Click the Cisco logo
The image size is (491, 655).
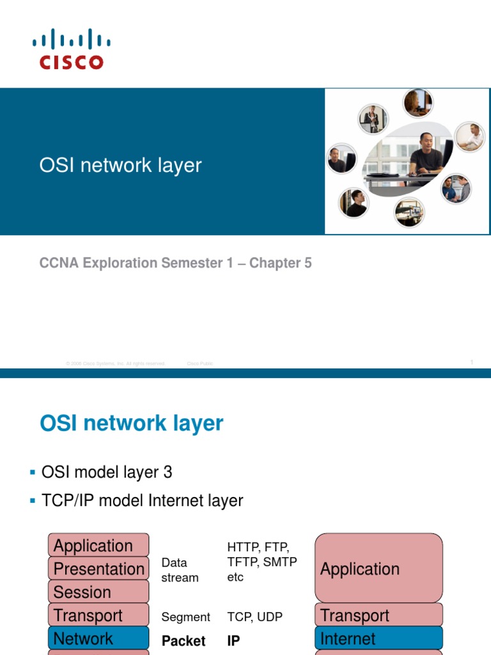pyautogui.click(x=72, y=49)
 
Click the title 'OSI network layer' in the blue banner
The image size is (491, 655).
pyautogui.click(x=120, y=165)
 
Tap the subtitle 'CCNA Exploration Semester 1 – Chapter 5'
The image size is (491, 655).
pyautogui.click(x=176, y=263)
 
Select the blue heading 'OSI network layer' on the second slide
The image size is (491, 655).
pyautogui.click(x=132, y=423)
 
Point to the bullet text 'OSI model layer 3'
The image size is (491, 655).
pyautogui.click(x=107, y=473)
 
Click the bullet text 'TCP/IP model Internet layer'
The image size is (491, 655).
pyautogui.click(x=142, y=500)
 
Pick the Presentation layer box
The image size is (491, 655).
pyautogui.click(x=98, y=569)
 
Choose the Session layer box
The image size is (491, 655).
pyautogui.click(x=98, y=592)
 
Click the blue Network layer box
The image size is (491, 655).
pyautogui.click(x=98, y=638)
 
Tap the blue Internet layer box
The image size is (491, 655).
pyautogui.click(x=378, y=638)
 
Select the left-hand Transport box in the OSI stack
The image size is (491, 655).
pyautogui.click(x=98, y=615)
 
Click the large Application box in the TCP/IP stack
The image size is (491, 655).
pyautogui.click(x=378, y=569)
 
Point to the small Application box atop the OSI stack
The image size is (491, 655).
pyautogui.click(x=98, y=546)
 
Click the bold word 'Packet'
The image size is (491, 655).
pyautogui.click(x=183, y=641)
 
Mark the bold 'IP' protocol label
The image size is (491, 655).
pyautogui.click(x=234, y=641)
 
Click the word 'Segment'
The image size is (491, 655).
pyautogui.click(x=185, y=617)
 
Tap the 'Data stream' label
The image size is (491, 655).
pyautogui.click(x=180, y=570)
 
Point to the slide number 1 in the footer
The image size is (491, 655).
pyautogui.click(x=472, y=362)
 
